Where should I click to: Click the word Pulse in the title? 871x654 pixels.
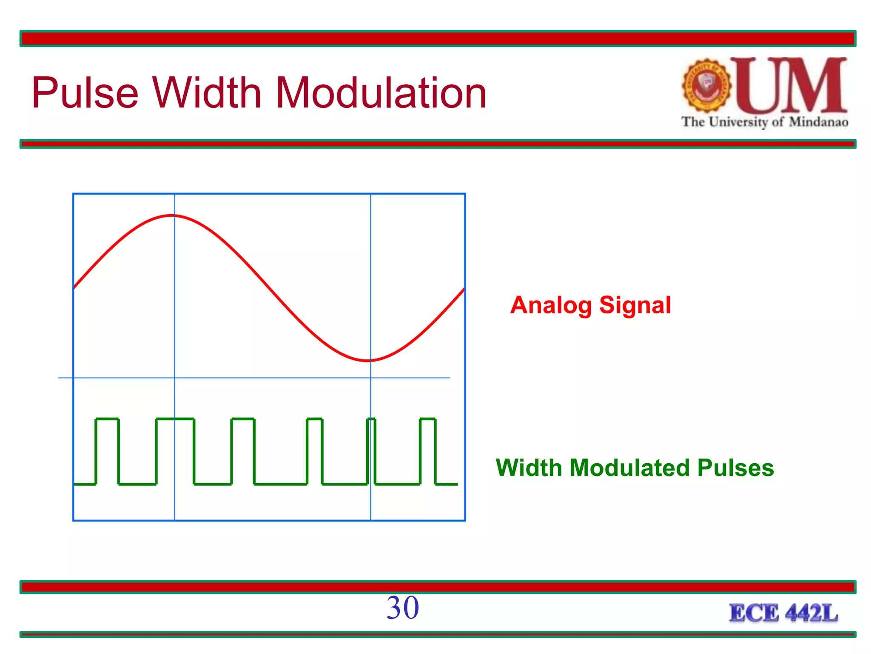pos(85,93)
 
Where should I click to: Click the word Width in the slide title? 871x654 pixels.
pos(207,93)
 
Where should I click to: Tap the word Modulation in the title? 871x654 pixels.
pos(381,93)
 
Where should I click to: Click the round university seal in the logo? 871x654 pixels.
pos(706,85)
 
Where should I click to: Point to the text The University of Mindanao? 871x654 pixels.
pos(764,122)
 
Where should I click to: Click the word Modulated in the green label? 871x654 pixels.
pos(629,468)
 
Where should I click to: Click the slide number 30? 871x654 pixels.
pos(402,608)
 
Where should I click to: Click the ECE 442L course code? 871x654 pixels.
pos(783,613)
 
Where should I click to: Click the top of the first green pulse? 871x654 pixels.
pos(107,419)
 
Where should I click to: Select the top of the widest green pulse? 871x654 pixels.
pos(175,419)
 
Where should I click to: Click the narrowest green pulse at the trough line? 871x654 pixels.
pos(371,419)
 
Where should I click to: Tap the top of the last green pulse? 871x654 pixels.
pos(428,419)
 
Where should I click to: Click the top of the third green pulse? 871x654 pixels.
pos(243,419)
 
